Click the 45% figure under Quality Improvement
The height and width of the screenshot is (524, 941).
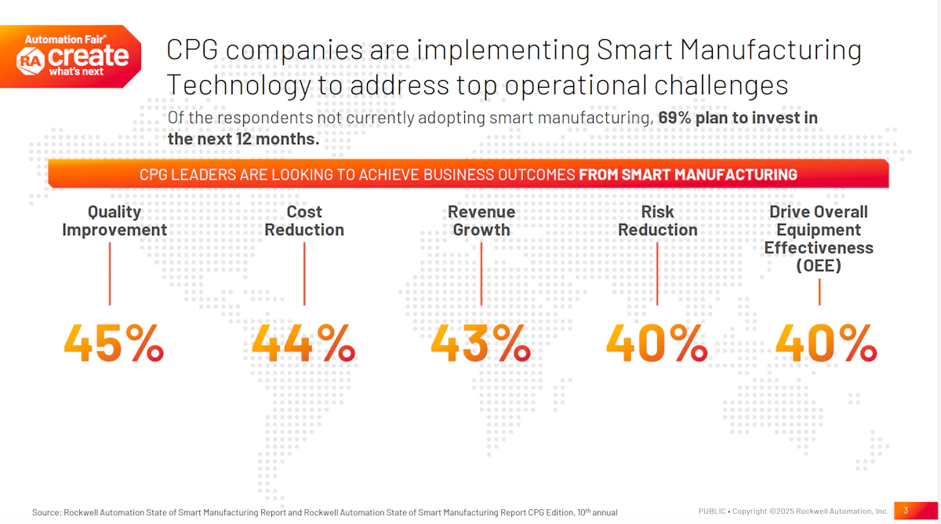(114, 343)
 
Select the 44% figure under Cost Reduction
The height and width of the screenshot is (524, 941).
(303, 343)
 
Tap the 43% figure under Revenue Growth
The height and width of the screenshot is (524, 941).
(481, 343)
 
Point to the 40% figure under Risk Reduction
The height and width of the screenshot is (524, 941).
(657, 343)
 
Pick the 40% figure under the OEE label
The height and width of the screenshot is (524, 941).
(826, 343)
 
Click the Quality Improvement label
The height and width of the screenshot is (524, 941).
(114, 220)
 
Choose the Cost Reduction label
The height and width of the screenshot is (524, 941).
(304, 220)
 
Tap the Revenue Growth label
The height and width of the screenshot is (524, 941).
(481, 220)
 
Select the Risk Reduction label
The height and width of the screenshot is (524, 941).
(658, 220)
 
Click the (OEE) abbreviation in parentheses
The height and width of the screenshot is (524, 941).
(819, 265)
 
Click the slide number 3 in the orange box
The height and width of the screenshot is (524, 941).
(906, 511)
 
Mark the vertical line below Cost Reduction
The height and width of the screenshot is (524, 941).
(304, 273)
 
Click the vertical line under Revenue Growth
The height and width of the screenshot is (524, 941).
(481, 273)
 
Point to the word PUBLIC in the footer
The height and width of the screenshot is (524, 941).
(712, 511)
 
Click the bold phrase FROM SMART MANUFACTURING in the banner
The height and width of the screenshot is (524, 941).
(688, 174)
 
